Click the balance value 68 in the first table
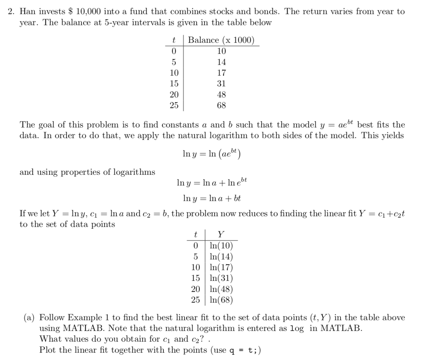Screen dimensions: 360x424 point(221,105)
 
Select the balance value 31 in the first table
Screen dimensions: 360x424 point(221,84)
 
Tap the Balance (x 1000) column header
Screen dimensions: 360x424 point(221,40)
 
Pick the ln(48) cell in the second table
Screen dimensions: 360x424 point(221,289)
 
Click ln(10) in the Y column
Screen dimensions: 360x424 point(221,246)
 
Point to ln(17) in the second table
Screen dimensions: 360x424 point(221,267)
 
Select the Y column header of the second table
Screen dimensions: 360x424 point(221,235)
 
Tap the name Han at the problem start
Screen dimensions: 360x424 point(26,11)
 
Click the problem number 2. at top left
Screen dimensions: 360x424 point(12,11)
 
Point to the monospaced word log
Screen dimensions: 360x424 point(297,329)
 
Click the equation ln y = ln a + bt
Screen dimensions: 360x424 point(212,198)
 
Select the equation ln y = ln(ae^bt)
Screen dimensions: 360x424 point(212,153)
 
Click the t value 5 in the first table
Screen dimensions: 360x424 point(174,62)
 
